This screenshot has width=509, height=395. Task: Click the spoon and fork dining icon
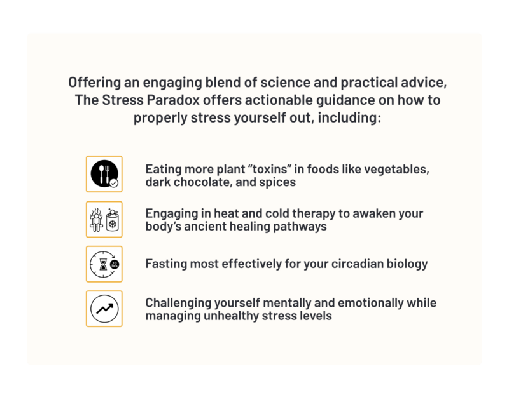[104, 174]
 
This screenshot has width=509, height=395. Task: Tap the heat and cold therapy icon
[104, 219]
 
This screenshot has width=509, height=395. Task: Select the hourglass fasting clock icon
[104, 264]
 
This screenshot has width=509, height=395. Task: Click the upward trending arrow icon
[104, 309]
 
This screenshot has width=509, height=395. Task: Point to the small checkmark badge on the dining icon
[114, 183]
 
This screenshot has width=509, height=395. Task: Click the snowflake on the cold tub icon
[113, 224]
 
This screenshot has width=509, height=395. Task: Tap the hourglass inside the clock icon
[103, 264]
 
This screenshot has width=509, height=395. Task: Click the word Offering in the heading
[94, 83]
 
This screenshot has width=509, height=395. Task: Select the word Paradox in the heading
[173, 100]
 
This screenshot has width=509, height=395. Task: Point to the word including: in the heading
[349, 117]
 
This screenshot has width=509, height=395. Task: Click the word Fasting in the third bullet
[166, 264]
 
